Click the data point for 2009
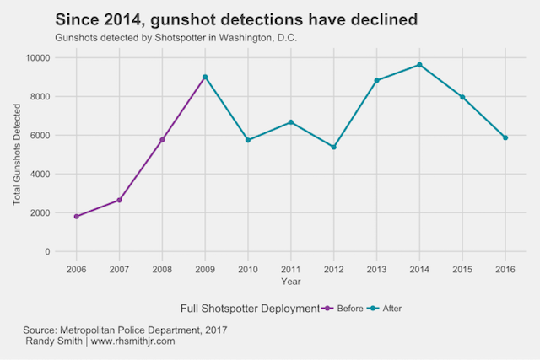pos(205,77)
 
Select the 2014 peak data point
pos(419,65)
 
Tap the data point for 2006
pos(77,217)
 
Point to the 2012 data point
pos(333,147)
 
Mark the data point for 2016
pos(505,137)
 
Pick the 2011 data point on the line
pos(291,122)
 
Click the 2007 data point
pos(120,200)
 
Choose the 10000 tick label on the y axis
pos(39,57)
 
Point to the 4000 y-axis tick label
pos(41,174)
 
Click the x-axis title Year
pos(291,281)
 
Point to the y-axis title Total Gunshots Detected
pos(18,154)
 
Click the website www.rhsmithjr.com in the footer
pos(132,341)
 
